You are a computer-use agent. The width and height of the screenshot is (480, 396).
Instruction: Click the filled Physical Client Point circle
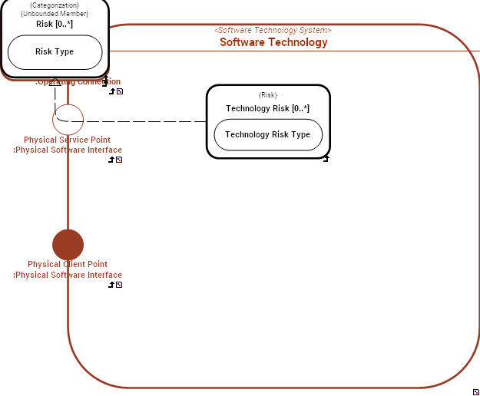[68, 245]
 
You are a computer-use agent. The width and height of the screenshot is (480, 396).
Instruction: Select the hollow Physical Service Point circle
[68, 120]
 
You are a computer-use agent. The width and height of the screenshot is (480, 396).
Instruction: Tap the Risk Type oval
[55, 52]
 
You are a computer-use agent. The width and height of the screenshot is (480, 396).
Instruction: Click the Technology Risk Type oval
[268, 135]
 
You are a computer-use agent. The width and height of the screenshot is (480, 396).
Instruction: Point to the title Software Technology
[273, 42]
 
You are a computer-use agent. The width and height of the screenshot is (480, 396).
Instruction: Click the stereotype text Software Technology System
[273, 30]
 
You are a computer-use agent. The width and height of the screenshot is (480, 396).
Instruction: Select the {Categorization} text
[55, 5]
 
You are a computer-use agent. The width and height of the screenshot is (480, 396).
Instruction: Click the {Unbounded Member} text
[55, 14]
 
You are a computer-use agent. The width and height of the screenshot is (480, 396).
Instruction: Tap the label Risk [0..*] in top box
[55, 24]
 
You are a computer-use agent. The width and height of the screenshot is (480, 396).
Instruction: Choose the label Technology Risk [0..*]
[268, 108]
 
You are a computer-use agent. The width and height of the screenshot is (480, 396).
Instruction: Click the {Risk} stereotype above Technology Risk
[268, 95]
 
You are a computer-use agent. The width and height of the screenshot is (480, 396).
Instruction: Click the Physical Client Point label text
[68, 265]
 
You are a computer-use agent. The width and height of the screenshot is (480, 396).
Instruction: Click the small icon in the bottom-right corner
[476, 391]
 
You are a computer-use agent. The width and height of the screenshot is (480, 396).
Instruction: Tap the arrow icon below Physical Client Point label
[112, 285]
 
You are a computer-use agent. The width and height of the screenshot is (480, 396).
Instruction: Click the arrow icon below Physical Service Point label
[112, 160]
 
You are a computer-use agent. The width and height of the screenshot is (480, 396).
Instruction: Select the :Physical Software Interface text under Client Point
[68, 275]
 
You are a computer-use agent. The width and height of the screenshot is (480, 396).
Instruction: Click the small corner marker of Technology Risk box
[326, 159]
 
